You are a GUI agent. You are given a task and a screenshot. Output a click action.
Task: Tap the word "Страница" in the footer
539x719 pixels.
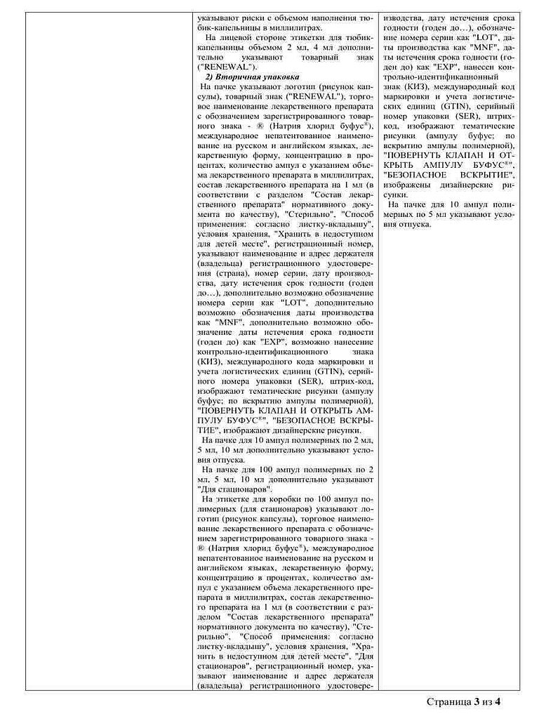click(449, 701)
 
